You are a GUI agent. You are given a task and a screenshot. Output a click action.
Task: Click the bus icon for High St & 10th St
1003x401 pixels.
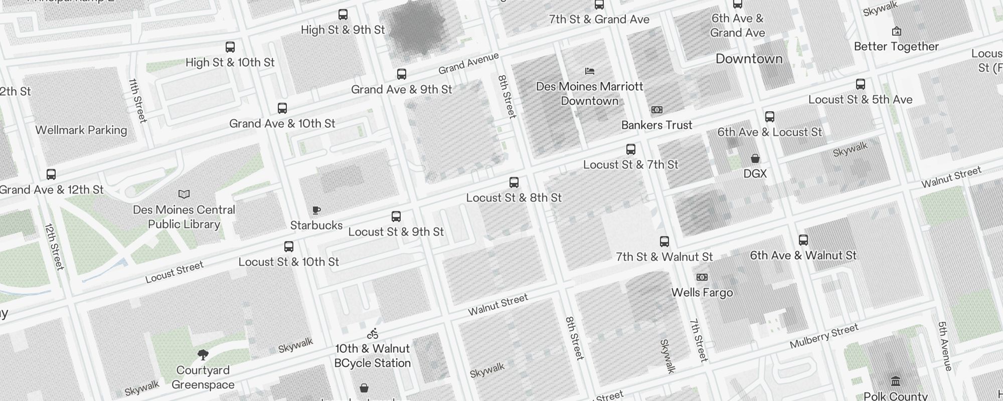click(x=230, y=47)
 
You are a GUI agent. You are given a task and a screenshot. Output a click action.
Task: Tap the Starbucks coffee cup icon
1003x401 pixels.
click(x=316, y=210)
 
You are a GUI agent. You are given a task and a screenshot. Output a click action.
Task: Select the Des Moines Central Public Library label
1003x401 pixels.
click(x=184, y=217)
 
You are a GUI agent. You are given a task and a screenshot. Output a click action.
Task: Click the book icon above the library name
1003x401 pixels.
click(x=184, y=194)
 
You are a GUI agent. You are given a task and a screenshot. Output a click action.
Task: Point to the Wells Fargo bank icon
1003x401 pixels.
click(x=702, y=277)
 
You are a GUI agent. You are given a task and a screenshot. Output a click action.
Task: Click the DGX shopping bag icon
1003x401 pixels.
click(x=755, y=158)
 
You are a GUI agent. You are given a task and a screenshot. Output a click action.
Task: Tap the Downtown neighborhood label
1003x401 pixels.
click(x=749, y=59)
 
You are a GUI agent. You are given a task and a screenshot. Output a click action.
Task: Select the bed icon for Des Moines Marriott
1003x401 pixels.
click(x=590, y=71)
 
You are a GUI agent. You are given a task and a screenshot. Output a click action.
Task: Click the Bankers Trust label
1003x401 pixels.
click(x=656, y=125)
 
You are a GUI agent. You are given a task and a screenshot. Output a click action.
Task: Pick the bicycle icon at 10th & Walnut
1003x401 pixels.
click(x=372, y=333)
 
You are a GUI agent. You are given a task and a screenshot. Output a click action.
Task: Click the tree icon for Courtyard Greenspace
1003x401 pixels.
click(x=203, y=355)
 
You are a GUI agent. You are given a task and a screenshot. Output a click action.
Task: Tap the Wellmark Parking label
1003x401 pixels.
click(x=81, y=130)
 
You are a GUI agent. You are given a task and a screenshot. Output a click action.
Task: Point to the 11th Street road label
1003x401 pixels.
click(x=137, y=100)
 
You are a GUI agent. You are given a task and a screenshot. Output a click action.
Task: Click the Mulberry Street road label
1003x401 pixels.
click(x=824, y=336)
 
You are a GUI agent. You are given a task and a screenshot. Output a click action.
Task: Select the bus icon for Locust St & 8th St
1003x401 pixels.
click(x=514, y=182)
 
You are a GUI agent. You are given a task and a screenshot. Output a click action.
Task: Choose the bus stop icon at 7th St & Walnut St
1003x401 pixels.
click(x=664, y=242)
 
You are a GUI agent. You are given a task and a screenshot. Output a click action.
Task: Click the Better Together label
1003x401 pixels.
click(x=896, y=46)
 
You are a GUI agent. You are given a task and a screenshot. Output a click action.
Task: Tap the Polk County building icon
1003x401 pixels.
click(x=896, y=381)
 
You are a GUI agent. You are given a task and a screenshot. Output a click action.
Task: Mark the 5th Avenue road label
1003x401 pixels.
click(x=945, y=346)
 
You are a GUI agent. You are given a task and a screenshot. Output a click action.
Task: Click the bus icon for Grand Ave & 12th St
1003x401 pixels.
click(x=51, y=174)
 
